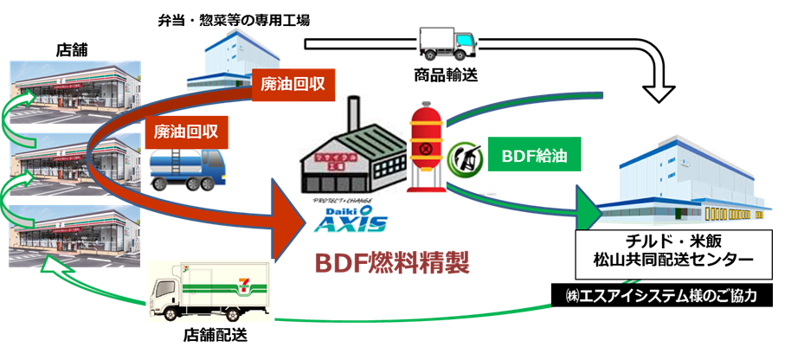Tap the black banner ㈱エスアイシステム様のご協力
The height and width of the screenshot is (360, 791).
[659, 297]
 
